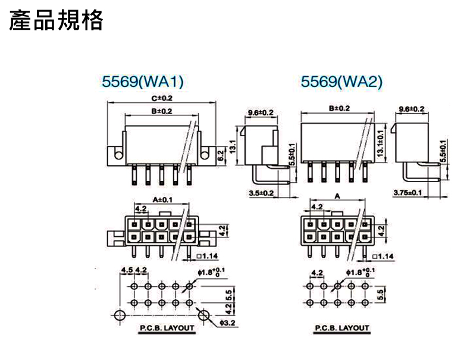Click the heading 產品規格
pos(56,20)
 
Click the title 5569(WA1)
pos(143,82)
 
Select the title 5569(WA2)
pos(342,82)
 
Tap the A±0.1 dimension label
pos(162,199)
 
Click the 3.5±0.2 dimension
pos(261,193)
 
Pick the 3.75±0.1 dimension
pos(408,193)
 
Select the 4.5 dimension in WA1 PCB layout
pos(126,271)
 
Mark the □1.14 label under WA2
pos(383,256)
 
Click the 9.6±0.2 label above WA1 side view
pos(261,112)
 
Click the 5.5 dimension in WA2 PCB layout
pos(380,294)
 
